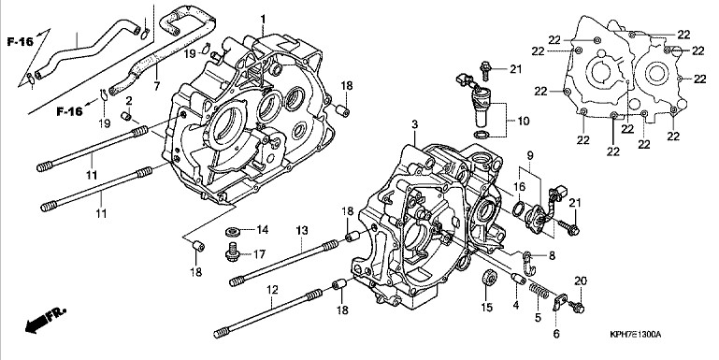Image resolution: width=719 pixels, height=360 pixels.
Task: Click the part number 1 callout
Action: [x=263, y=20]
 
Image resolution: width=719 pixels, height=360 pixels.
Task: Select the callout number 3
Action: [x=414, y=124]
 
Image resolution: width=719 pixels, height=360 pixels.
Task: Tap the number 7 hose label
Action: [x=157, y=86]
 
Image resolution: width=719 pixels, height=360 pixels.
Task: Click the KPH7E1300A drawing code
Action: [x=635, y=335]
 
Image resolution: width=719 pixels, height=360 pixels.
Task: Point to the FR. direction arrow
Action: [x=46, y=319]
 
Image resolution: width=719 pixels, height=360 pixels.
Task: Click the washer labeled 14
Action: [x=234, y=230]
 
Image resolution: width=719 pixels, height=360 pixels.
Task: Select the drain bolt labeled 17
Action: [x=234, y=252]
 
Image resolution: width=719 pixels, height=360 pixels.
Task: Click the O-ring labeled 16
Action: [x=519, y=208]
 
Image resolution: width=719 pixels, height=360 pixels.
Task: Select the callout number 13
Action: [x=301, y=231]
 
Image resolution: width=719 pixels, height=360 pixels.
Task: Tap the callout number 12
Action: [x=272, y=290]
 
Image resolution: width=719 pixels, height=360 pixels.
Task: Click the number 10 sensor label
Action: [x=523, y=121]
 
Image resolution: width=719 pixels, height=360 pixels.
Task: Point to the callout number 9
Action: [x=530, y=155]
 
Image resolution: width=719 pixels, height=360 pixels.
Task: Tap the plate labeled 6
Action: [x=560, y=303]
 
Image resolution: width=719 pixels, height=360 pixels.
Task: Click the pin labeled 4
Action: [x=517, y=279]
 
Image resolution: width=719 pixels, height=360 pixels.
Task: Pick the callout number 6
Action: [x=556, y=334]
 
